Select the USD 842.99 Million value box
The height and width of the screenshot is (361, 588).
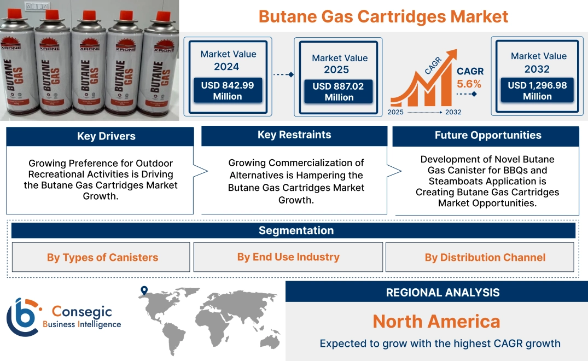coord(227,91)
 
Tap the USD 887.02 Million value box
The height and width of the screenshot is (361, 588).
coord(339,92)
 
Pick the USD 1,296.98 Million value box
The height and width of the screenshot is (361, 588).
coord(537,91)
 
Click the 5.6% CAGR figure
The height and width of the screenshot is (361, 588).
coord(469,84)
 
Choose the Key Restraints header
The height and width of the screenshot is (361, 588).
coord(294,135)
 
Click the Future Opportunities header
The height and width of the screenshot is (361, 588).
coord(488,135)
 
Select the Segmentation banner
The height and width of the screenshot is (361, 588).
coord(296,230)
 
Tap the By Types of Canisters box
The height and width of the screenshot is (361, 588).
coord(102,257)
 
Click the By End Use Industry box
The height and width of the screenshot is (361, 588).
coord(288,257)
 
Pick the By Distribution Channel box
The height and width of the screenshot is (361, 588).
coord(485,257)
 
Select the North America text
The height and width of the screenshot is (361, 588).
coord(436,321)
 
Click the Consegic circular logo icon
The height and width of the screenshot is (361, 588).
coord(23,317)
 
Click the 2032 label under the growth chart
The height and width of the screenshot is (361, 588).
coord(453,112)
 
